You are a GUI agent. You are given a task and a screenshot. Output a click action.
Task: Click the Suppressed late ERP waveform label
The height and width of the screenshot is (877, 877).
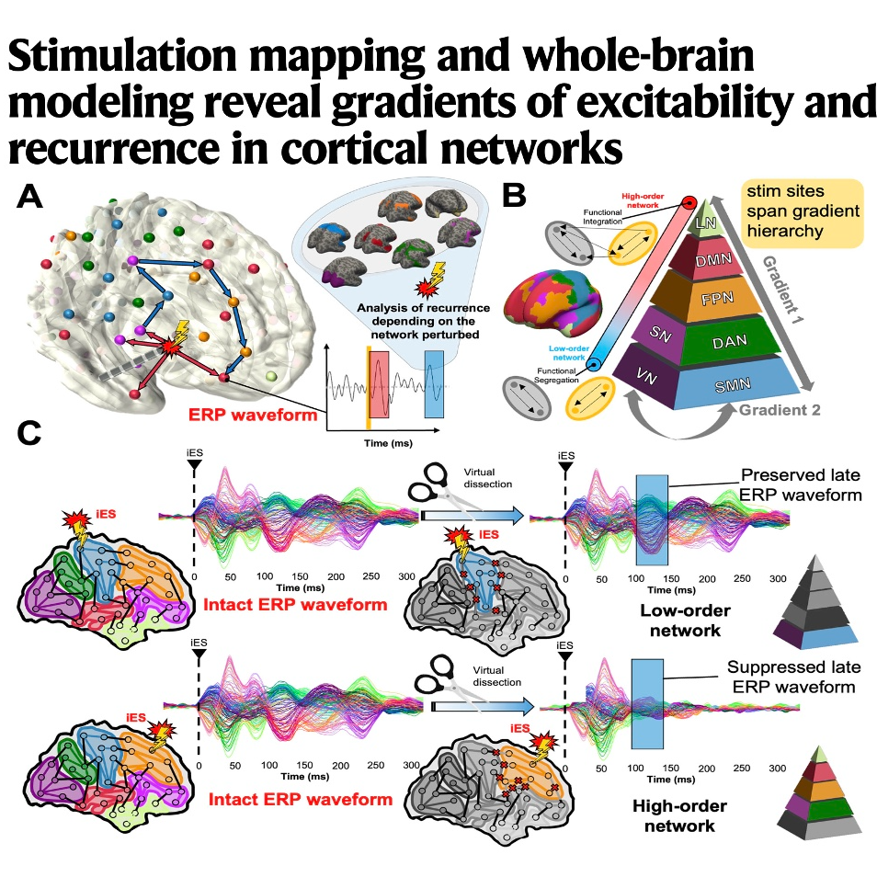[792, 677]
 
